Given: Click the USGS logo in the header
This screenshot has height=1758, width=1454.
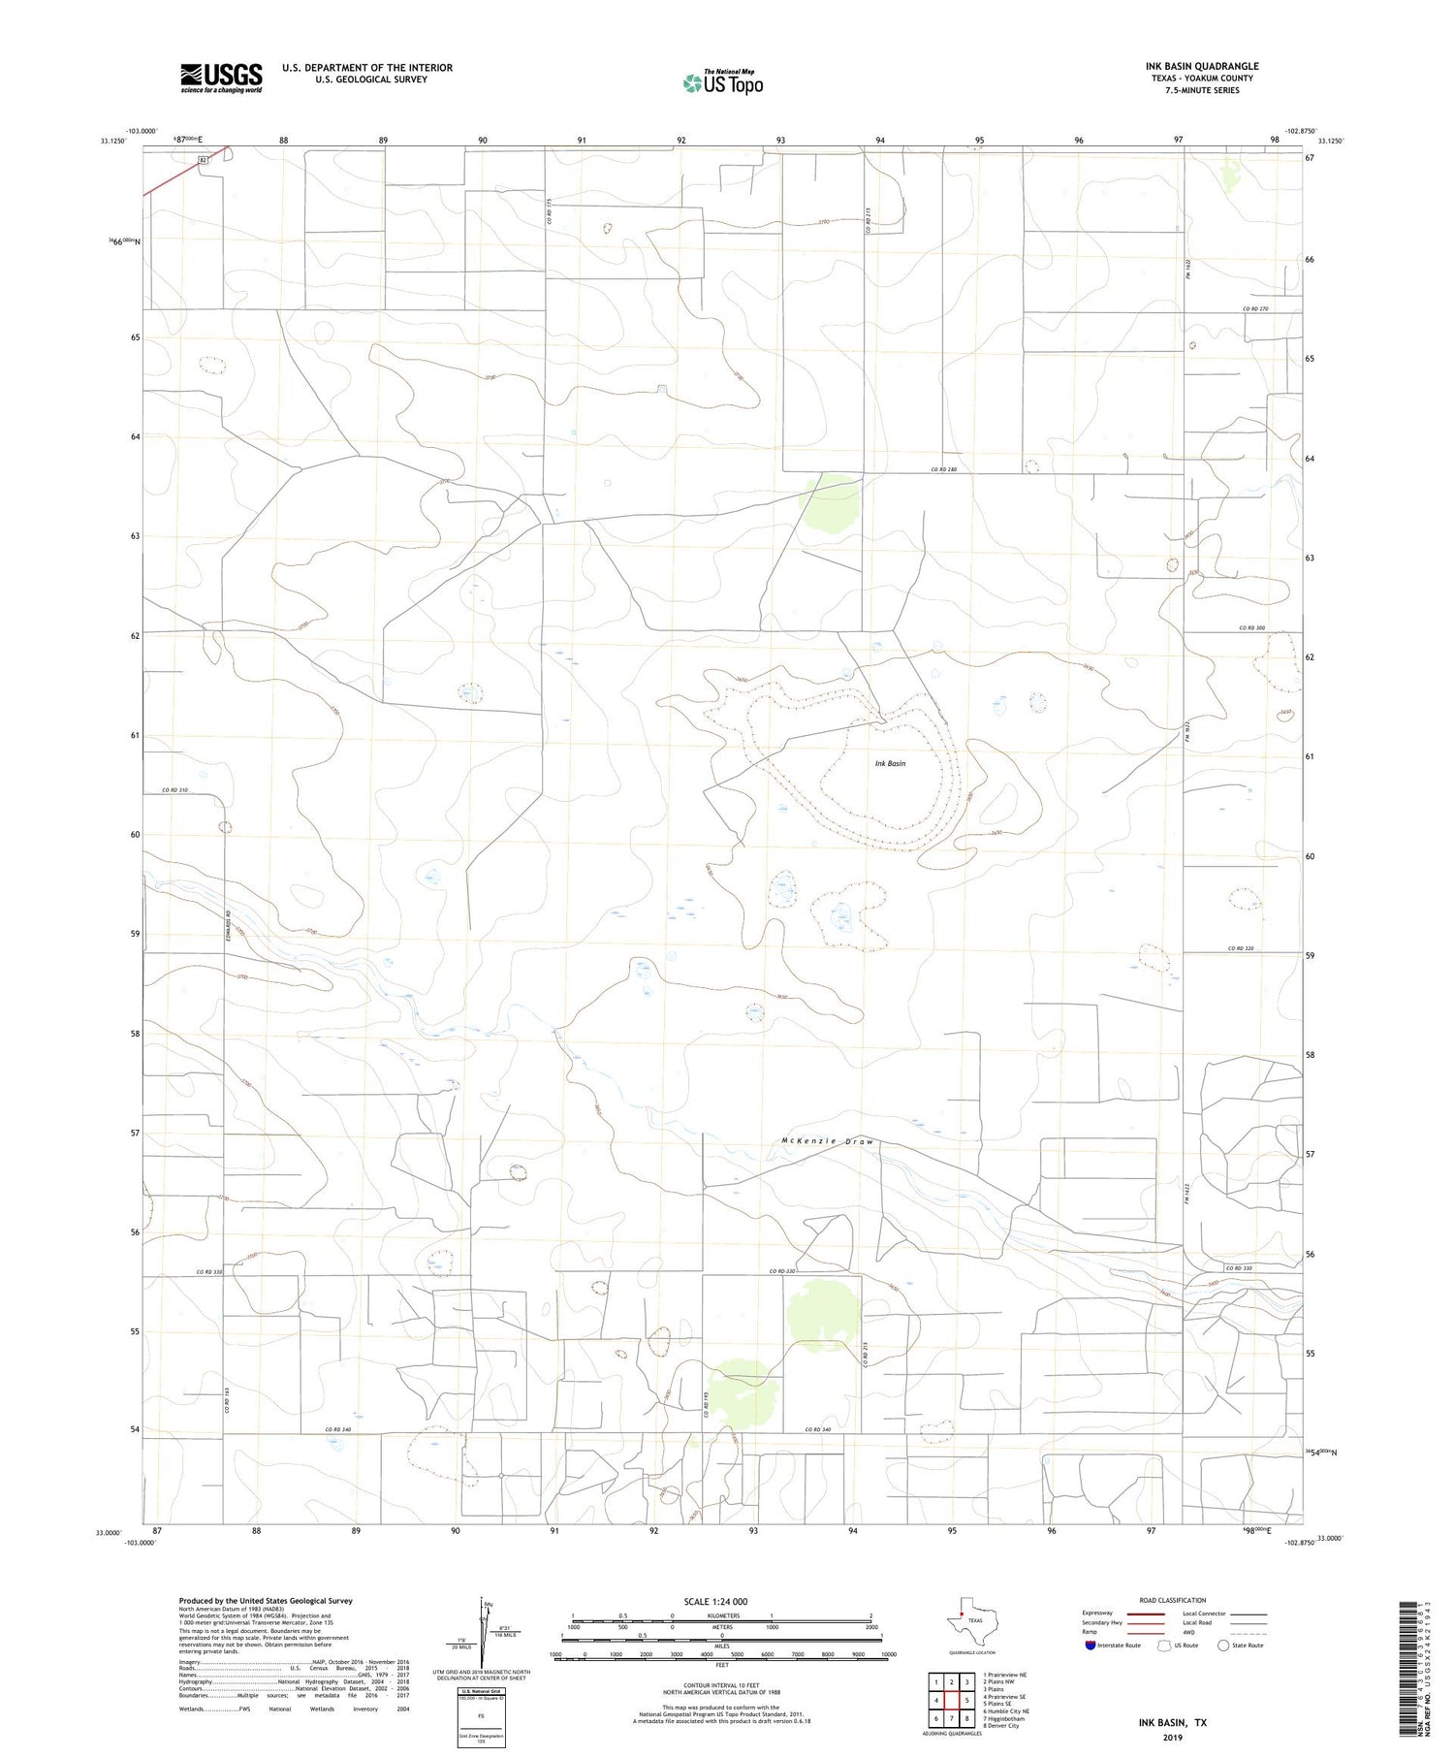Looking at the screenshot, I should point(221,78).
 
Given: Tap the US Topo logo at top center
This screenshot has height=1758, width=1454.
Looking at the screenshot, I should point(722,83).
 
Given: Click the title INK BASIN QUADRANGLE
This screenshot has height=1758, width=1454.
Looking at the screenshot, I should point(1202,66).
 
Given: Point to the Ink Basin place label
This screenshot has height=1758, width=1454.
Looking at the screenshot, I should point(890,763).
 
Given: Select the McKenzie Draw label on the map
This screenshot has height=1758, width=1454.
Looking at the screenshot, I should point(827,1141).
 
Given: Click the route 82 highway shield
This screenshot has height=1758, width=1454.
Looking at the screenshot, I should point(203,161).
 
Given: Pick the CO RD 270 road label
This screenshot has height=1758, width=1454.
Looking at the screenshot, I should point(1254,308).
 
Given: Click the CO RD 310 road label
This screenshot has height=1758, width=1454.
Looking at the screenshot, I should point(175,790).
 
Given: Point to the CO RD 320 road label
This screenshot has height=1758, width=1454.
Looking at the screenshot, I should point(1247,948).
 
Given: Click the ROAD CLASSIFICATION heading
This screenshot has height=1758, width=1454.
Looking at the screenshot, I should point(1172,1600).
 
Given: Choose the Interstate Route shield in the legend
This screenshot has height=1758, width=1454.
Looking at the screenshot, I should point(1091,1646).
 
